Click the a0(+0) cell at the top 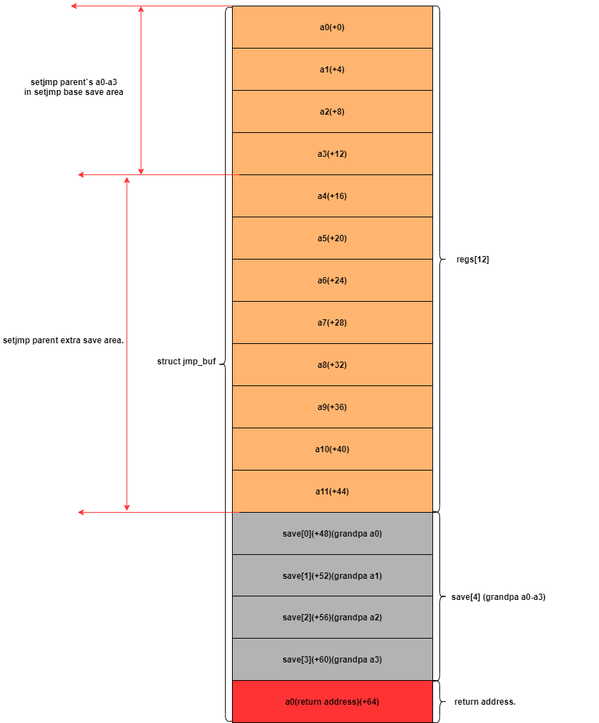click(x=332, y=27)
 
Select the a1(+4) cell click(x=332, y=70)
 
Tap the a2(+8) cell click(x=332, y=112)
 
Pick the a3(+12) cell click(x=332, y=154)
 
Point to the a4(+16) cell click(x=332, y=196)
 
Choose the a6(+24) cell click(x=332, y=281)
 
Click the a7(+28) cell click(x=332, y=323)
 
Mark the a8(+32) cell click(x=332, y=365)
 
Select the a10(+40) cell click(x=332, y=449)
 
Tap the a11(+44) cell click(x=332, y=492)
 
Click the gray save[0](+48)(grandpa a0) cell click(x=332, y=534)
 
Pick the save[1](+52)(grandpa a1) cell click(x=332, y=576)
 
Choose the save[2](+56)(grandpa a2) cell click(x=332, y=618)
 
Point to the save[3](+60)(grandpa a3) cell click(x=332, y=660)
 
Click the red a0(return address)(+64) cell click(x=332, y=702)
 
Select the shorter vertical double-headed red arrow click(x=141, y=90)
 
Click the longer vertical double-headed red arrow click(x=127, y=343)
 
